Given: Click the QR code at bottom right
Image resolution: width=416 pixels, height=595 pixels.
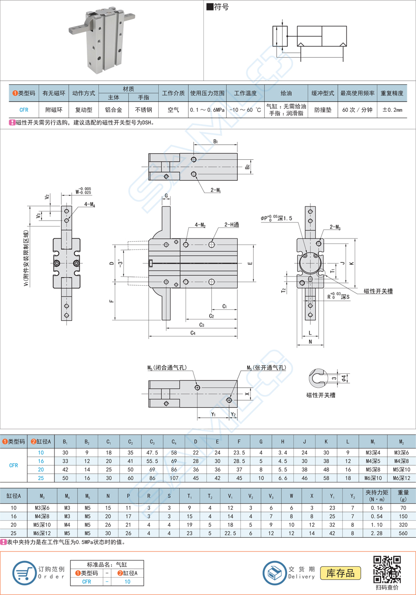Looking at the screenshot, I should pos(387,568).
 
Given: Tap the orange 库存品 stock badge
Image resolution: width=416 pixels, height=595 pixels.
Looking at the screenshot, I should pos(340,573).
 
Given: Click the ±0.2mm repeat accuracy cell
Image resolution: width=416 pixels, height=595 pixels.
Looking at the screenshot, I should pos(391,110).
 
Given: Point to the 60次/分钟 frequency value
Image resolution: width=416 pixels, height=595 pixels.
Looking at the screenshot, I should pos(357,110).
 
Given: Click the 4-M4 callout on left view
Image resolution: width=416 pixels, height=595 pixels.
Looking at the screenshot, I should pos(89,205).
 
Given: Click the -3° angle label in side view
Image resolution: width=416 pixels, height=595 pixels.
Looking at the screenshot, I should pos(121,264).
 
